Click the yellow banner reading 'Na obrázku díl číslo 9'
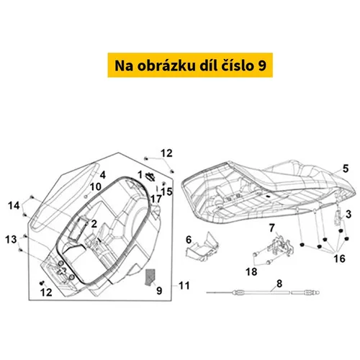pos(190,65)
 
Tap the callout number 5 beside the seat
pos(346,168)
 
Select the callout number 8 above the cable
pos(279,284)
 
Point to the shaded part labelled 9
pos(150,277)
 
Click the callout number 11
pos(184,286)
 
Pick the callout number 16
pos(339,258)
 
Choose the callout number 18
pos(251,272)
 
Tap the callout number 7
pos(271,228)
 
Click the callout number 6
pos(189,240)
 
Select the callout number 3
pos(348,214)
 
